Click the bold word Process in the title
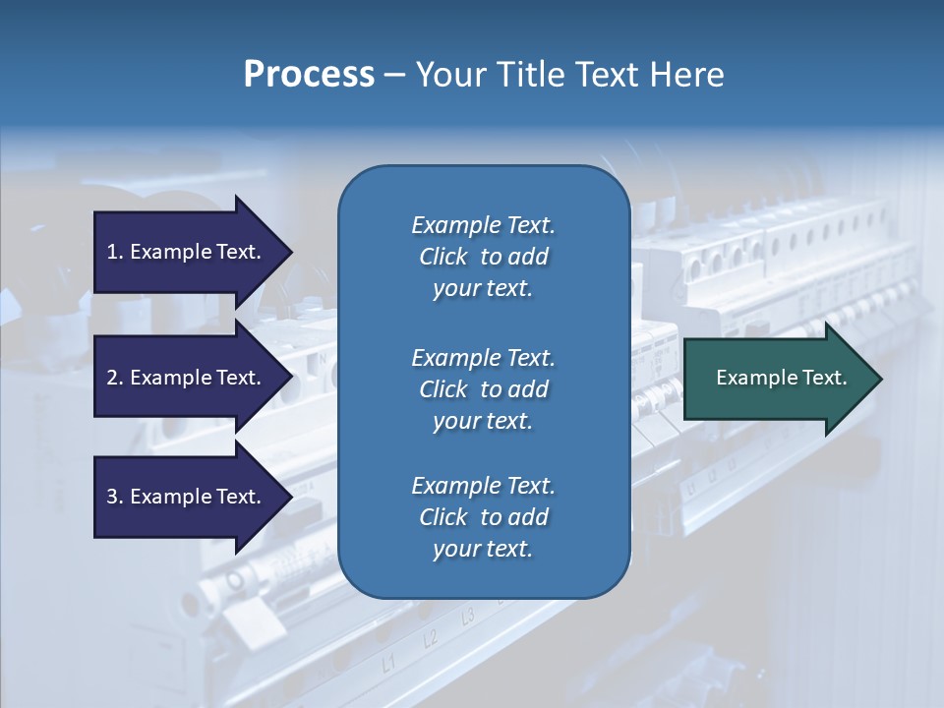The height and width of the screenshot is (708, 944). click(x=309, y=75)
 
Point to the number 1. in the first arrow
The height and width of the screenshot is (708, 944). click(x=115, y=252)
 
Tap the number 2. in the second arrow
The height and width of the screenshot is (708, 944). click(x=115, y=378)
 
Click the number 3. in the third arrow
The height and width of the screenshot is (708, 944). click(x=115, y=497)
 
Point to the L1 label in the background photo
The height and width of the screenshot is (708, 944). click(x=389, y=664)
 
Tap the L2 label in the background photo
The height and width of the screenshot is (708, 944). click(x=430, y=639)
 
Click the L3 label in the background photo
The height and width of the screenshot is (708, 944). click(x=468, y=617)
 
